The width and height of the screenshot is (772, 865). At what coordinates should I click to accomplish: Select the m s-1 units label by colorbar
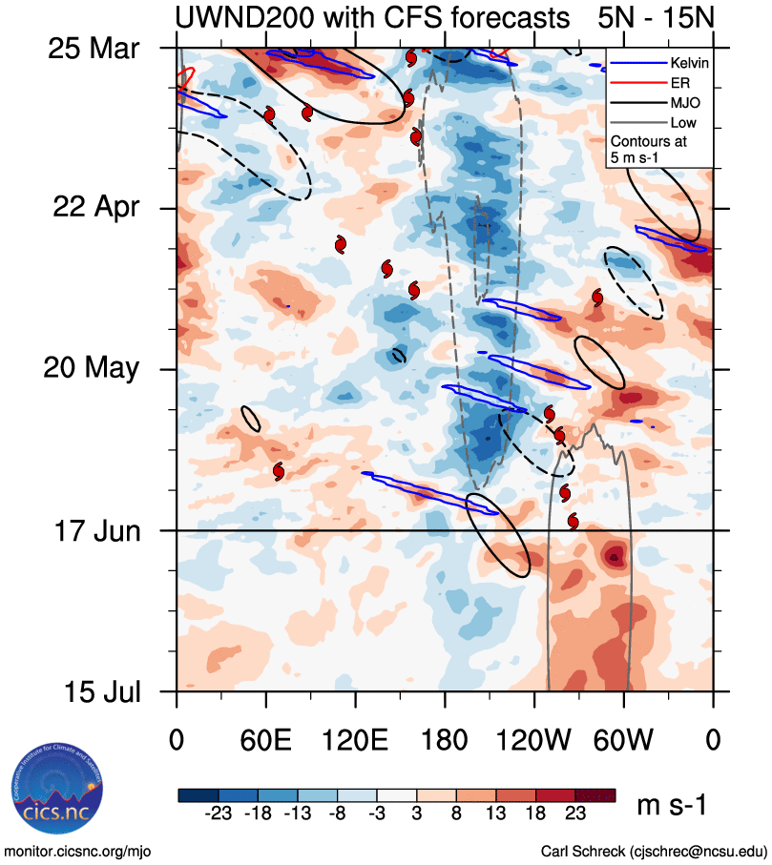click(x=672, y=806)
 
